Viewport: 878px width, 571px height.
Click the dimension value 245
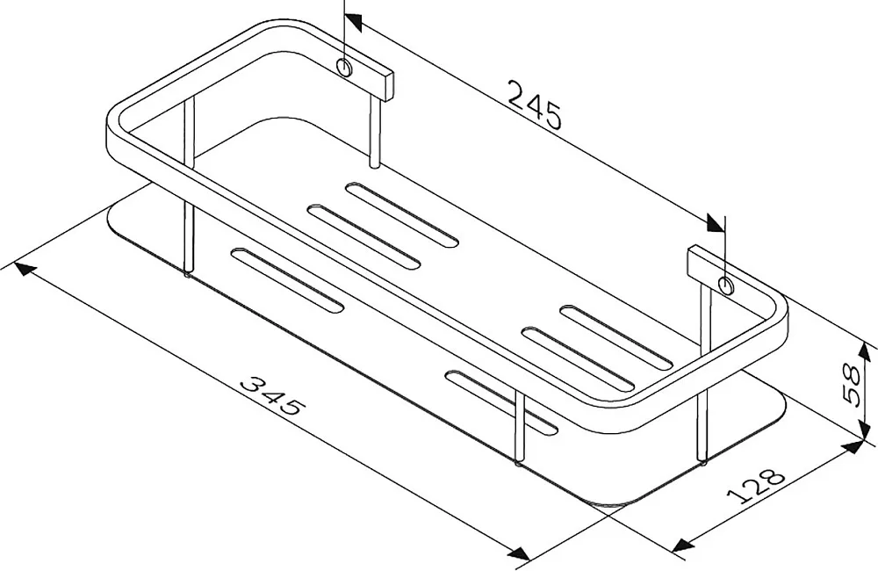tap(534, 105)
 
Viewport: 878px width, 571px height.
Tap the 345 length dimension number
tap(273, 395)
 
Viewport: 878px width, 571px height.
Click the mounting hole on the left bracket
tap(344, 67)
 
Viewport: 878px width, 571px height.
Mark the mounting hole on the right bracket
tap(726, 285)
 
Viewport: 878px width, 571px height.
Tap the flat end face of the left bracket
tap(389, 86)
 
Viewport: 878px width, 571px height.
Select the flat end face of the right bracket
tap(694, 263)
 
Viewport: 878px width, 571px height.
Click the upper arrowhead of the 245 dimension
tap(353, 21)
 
